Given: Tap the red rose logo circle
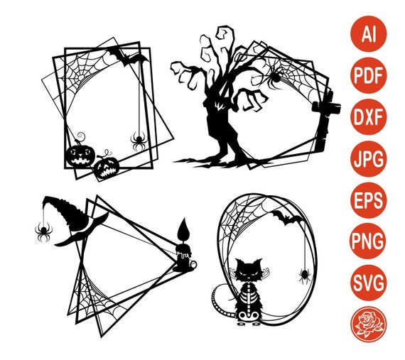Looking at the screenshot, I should pos(368,323).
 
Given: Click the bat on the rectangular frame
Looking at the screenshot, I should pos(128,57).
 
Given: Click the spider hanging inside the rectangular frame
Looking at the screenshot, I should pos(138,141).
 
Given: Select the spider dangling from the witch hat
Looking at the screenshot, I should pos(43,229).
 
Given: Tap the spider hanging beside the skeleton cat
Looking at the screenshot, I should pos(304,274).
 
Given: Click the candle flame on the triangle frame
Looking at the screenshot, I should pos(183,229).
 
